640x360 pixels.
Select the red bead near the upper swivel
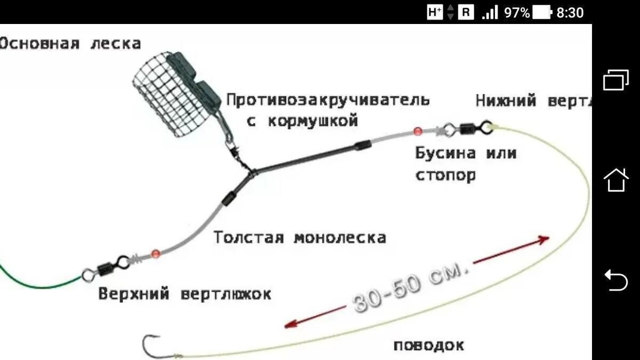155,253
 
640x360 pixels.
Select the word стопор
445,174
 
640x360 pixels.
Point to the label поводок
429,345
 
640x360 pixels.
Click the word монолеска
340,237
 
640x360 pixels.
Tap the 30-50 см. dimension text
411,287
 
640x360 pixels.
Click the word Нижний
506,101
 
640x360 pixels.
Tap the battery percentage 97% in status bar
517,12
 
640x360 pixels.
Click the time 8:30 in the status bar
570,12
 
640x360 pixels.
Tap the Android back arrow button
616,281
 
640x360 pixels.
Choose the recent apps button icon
616,80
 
